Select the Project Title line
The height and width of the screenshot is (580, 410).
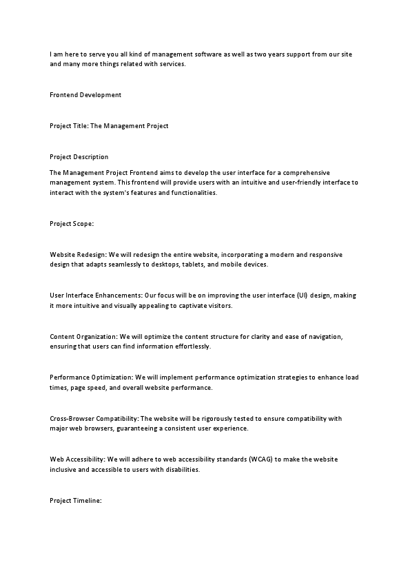coord(109,126)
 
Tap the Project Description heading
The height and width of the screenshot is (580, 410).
coord(79,157)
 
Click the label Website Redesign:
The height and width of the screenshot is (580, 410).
coord(77,255)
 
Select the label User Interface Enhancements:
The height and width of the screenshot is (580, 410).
coord(96,296)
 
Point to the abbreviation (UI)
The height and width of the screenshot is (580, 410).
coord(302,296)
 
